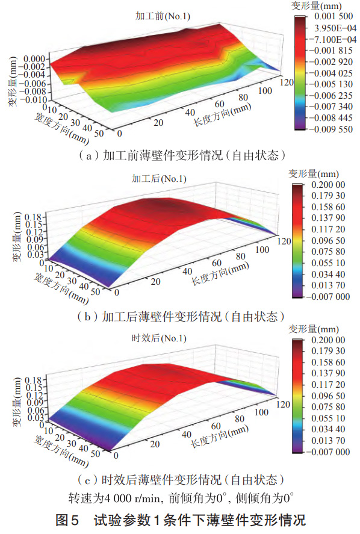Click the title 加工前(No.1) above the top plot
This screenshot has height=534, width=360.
tap(163, 16)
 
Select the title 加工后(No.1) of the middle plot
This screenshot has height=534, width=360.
tap(159, 178)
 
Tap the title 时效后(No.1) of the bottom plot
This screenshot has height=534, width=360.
tap(159, 338)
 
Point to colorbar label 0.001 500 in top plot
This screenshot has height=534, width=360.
tap(334, 16)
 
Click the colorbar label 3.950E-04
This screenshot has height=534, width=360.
tap(335, 28)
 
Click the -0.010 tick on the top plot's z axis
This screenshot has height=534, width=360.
tap(33, 100)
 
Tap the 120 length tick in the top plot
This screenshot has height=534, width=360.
tap(287, 82)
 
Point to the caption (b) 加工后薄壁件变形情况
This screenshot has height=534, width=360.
tap(181, 317)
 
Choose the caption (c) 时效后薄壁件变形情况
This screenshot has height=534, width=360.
tap(181, 480)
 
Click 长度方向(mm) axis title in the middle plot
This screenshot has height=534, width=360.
tap(220, 275)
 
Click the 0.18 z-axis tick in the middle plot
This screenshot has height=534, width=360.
tap(33, 217)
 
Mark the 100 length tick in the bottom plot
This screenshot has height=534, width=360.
tap(261, 412)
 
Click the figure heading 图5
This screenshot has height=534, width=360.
tap(67, 520)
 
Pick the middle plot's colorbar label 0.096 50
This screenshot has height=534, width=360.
tap(328, 240)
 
